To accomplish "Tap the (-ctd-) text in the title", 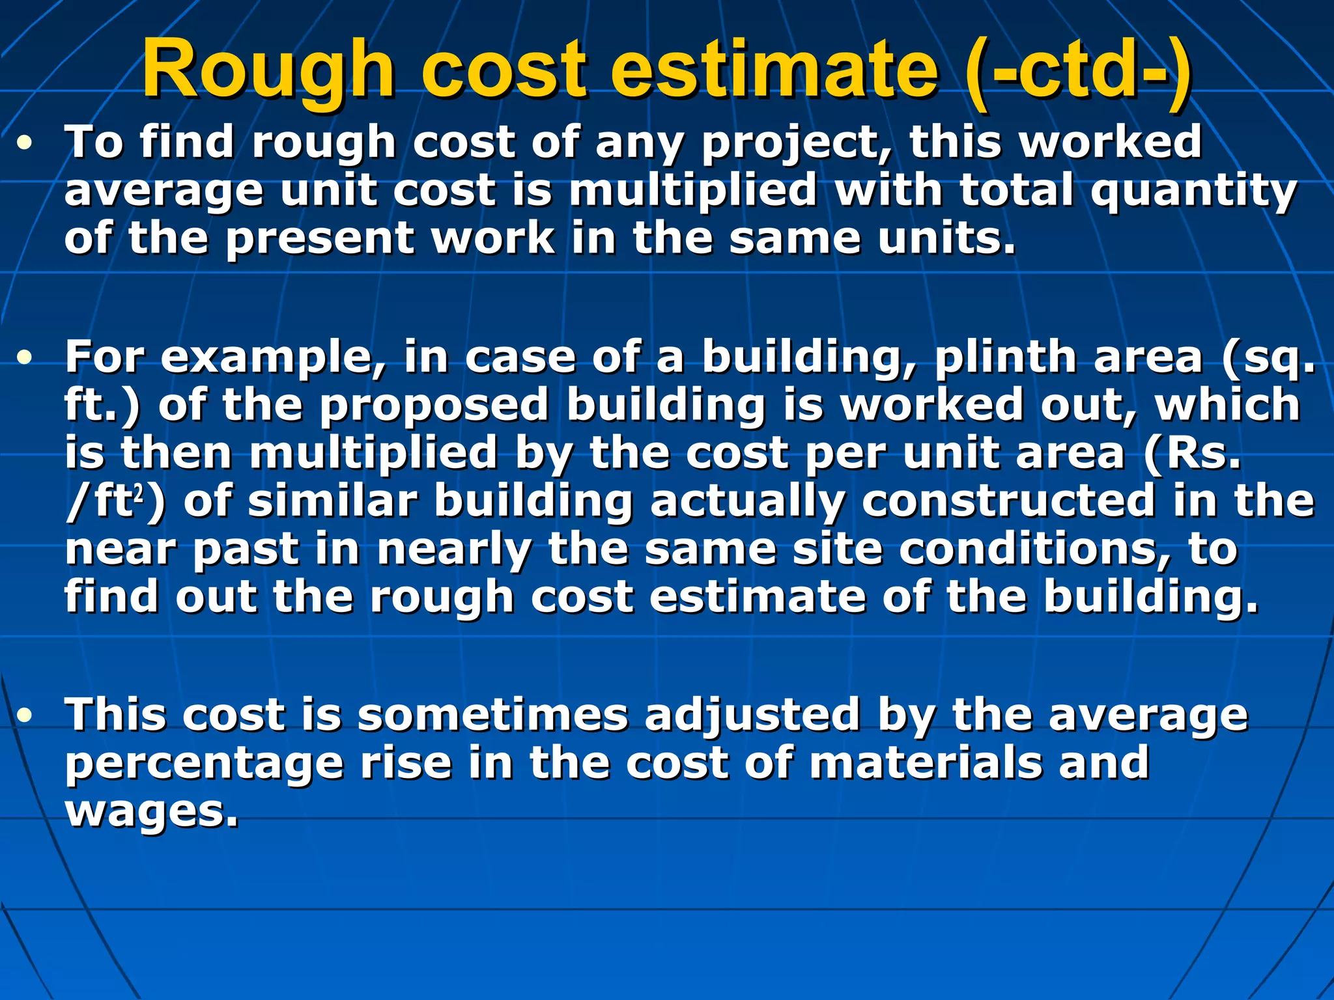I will (1079, 70).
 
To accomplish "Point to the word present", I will (319, 240).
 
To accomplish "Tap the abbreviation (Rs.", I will (1192, 454).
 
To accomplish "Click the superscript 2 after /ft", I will (138, 495).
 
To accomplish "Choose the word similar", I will (333, 501).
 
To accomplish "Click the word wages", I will (152, 812).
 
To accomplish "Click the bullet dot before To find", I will (25, 144).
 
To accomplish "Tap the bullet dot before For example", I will (25, 358).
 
